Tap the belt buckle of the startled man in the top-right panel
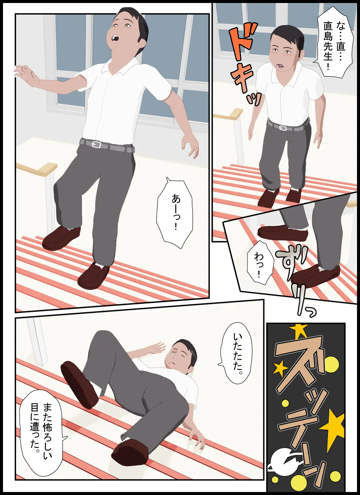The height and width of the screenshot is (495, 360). click(283, 128)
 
